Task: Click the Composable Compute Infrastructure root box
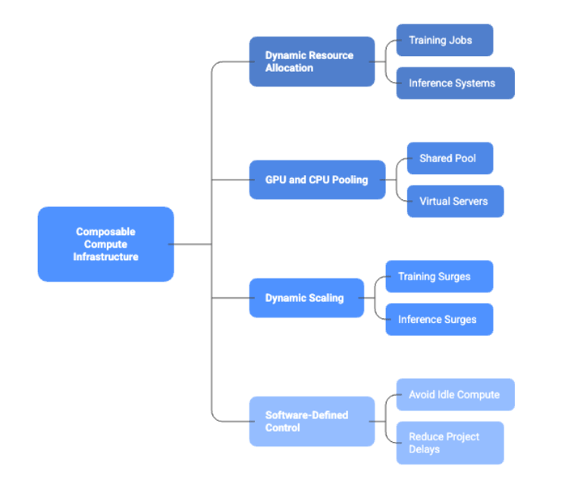coord(105,244)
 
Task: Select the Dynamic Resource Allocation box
coord(312,61)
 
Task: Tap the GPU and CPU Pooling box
coord(316,180)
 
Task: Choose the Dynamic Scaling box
coord(306,298)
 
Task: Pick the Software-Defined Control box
coord(312,421)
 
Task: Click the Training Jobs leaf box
coord(444,40)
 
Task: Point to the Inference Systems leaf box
coord(455,83)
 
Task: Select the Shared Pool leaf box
coord(450,158)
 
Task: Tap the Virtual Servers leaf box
coord(455,201)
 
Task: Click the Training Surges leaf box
coord(438,277)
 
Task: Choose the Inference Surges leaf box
coord(438,319)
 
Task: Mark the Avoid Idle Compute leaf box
coord(455,395)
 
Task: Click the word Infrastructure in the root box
coord(105,257)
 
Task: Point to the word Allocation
coord(289,68)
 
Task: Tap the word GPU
coord(275,180)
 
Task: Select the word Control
coord(283,428)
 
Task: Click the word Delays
coord(425,449)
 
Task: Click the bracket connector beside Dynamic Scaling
coord(375,298)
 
